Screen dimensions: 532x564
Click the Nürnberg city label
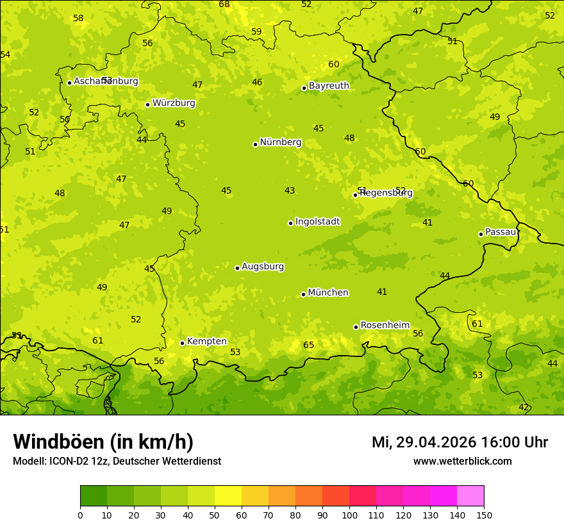280,142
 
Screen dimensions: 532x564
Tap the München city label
328,293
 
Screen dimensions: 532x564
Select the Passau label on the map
501,232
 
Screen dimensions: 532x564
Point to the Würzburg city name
173,103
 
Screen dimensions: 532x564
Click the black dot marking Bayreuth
304,88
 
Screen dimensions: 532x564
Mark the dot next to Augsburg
237,268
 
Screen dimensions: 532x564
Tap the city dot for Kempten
182,343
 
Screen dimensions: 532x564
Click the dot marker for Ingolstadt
290,223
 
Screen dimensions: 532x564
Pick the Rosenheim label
385,326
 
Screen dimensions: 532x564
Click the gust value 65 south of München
309,345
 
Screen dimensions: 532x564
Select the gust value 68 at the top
224,4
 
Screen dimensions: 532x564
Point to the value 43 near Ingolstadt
290,191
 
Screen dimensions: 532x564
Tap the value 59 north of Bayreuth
256,32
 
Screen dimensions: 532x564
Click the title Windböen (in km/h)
103,442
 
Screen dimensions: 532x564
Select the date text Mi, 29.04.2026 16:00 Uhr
460,442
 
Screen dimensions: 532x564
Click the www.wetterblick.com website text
462,461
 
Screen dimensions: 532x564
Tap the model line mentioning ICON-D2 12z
117,461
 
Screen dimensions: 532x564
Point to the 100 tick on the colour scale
349,515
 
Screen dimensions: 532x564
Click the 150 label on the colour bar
483,515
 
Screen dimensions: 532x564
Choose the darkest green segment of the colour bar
94,496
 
